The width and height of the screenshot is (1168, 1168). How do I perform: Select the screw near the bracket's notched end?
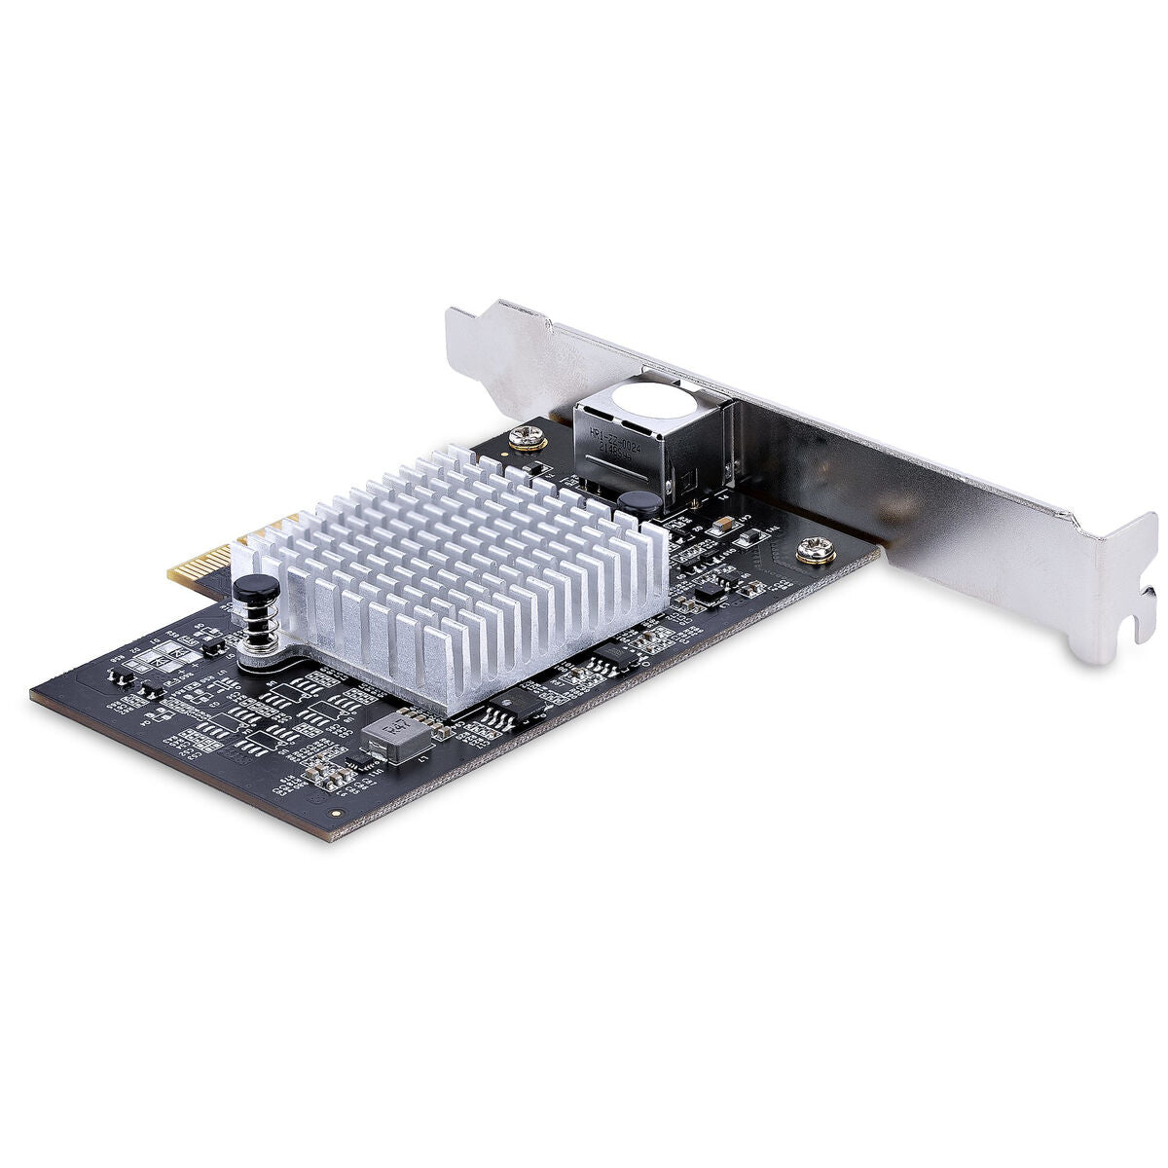click(813, 552)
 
